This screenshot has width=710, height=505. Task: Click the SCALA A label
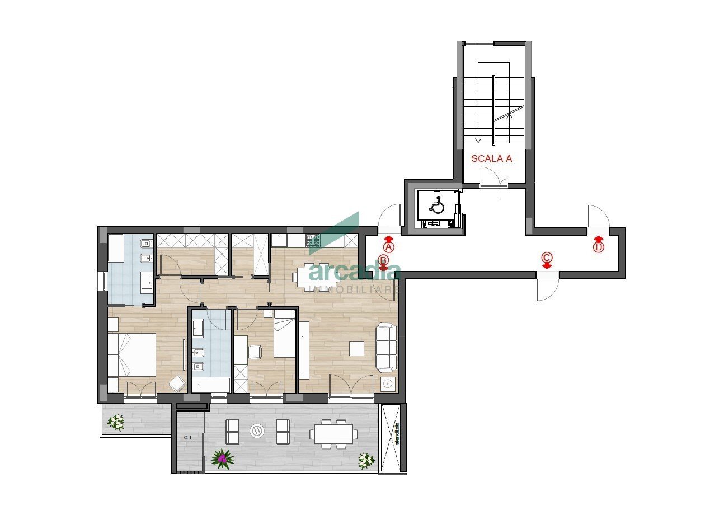tap(491, 158)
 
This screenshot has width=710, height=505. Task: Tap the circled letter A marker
tap(389, 246)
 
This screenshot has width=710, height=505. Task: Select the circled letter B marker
tap(383, 260)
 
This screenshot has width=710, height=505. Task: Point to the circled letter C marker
tap(547, 258)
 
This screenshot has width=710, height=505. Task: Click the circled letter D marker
tap(599, 247)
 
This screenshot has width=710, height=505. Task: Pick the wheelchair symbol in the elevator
tap(437, 206)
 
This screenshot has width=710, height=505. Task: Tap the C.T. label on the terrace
tap(189, 438)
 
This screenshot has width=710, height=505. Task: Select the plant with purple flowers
tap(222, 459)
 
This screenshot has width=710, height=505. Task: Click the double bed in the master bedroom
tap(132, 354)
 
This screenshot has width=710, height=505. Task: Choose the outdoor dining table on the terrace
tap(333, 433)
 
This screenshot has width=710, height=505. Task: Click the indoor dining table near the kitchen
tap(316, 275)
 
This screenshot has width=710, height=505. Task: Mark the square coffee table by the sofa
tap(356, 348)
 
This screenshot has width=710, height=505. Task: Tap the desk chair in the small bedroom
tap(255, 352)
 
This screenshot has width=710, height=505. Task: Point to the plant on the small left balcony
tap(116, 422)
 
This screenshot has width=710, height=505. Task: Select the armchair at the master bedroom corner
tap(177, 384)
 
